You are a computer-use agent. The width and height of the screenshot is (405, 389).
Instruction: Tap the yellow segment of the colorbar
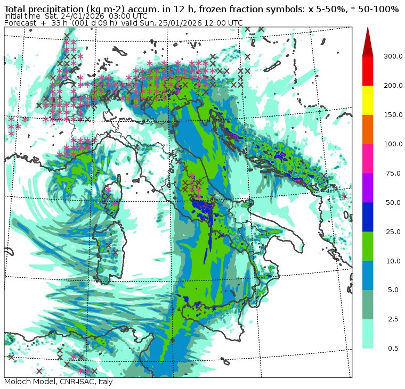pyautogui.click(x=368, y=100)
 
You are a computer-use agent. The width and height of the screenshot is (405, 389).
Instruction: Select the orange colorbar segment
pyautogui.click(x=368, y=129)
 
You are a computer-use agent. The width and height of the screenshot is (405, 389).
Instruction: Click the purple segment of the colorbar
pyautogui.click(x=368, y=187)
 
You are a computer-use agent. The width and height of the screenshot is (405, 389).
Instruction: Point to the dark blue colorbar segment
pyautogui.click(x=368, y=217)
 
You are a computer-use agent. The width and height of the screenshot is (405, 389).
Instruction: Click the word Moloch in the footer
pyautogui.click(x=18, y=382)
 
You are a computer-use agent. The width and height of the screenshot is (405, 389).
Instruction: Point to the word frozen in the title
pyautogui.click(x=221, y=9)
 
